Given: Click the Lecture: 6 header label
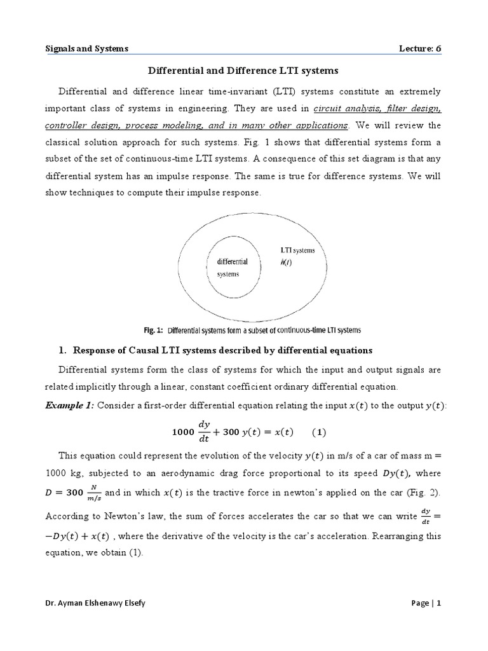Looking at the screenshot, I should tap(416, 48).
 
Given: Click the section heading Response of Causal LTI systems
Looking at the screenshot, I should tap(222, 350).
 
